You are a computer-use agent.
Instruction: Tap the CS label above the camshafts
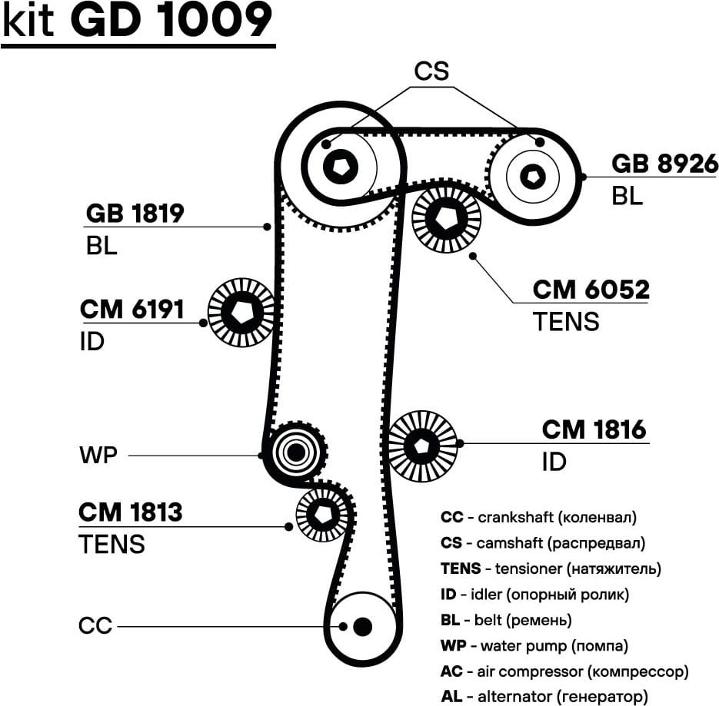click(x=431, y=71)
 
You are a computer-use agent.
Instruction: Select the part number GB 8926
click(x=664, y=164)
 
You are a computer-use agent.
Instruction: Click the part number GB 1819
click(x=135, y=213)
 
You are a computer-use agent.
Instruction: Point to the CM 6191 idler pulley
click(x=241, y=312)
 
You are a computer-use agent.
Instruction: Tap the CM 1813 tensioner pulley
click(x=323, y=514)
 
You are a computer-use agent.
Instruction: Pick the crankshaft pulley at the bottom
click(x=361, y=626)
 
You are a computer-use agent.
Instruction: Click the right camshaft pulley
click(x=532, y=176)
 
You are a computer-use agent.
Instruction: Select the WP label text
click(x=98, y=455)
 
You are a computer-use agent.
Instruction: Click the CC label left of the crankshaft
click(x=95, y=626)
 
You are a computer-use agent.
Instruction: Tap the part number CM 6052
click(x=591, y=290)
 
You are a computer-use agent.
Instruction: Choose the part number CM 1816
click(x=594, y=429)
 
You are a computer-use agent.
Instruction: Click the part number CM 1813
click(x=131, y=512)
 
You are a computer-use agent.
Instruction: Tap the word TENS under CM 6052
click(x=565, y=321)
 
